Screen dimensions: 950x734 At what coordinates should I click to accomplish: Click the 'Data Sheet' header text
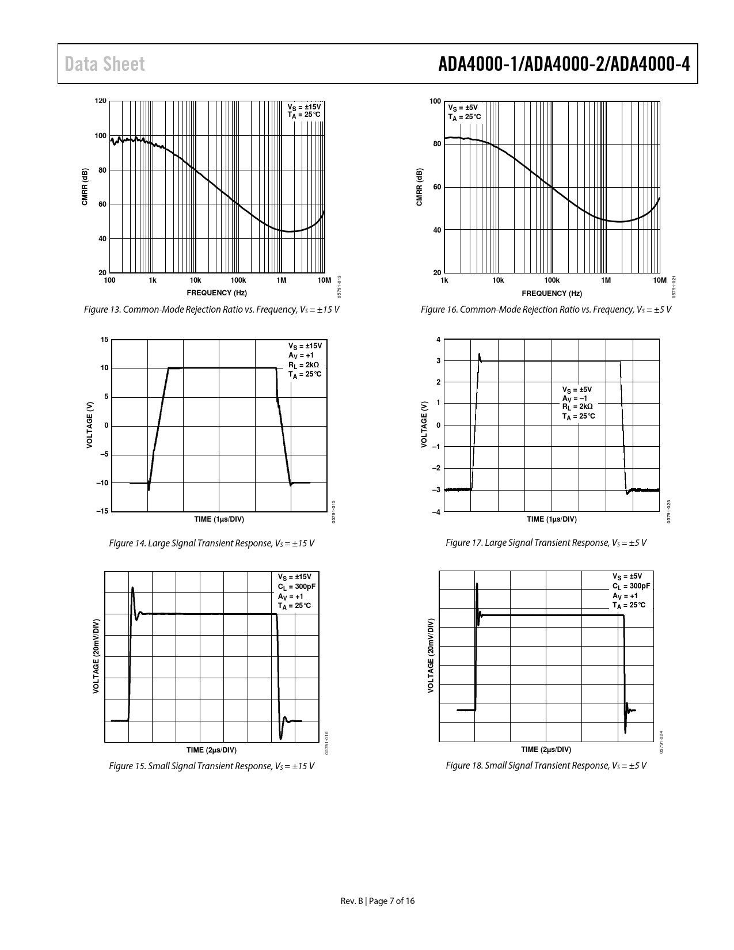click(x=105, y=64)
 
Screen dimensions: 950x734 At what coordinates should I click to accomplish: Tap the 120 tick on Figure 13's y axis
click(x=101, y=101)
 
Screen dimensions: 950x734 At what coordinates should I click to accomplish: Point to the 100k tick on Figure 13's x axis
click(x=238, y=280)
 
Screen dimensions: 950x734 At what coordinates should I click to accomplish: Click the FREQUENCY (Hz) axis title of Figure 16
click(x=552, y=294)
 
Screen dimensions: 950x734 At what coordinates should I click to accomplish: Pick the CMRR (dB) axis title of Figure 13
click(x=85, y=187)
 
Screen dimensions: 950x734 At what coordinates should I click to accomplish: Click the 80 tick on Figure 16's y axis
click(x=437, y=144)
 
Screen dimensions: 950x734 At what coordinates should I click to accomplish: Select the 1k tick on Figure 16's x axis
click(x=444, y=280)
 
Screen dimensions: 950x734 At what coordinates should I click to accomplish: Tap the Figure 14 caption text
click(x=211, y=543)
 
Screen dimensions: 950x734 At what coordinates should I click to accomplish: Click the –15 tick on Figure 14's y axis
click(x=102, y=511)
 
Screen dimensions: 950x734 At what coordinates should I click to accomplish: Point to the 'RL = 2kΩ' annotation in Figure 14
click(x=303, y=365)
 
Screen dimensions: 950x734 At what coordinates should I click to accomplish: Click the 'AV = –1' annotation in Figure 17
click(x=575, y=398)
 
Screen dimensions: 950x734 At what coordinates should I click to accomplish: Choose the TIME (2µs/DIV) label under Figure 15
click(x=211, y=750)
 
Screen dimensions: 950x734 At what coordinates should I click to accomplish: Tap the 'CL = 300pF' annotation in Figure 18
click(x=631, y=586)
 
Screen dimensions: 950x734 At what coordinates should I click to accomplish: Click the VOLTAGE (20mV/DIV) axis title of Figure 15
click(x=96, y=656)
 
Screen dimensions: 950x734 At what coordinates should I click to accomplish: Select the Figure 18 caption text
click(x=546, y=766)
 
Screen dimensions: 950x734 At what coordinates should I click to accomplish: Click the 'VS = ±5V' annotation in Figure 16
click(x=463, y=108)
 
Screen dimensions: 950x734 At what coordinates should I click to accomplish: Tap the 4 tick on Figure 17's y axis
click(x=438, y=340)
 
